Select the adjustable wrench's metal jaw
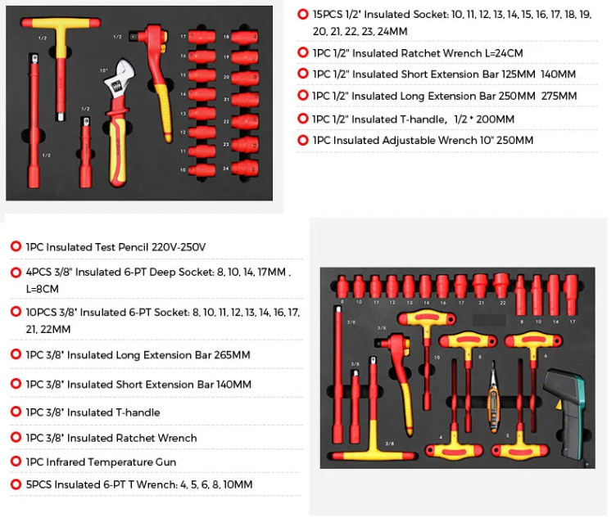pyautogui.click(x=120, y=79)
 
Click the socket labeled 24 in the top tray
pyautogui.click(x=244, y=168)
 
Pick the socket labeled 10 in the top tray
pyautogui.click(x=202, y=170)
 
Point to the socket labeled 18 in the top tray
pyautogui.click(x=244, y=38)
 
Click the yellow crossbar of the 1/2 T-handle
pyautogui.click(x=61, y=23)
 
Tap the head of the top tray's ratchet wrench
pyautogui.click(x=152, y=37)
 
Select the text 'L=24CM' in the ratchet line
pyautogui.click(x=504, y=53)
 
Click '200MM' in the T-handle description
pyautogui.click(x=495, y=119)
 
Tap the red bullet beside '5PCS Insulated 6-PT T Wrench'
pyautogui.click(x=16, y=484)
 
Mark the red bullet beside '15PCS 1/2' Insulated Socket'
pyautogui.click(x=303, y=14)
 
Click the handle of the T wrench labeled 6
pyautogui.click(x=533, y=340)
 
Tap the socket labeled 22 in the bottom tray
pyautogui.click(x=500, y=286)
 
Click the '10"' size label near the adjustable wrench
pyautogui.click(x=104, y=70)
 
